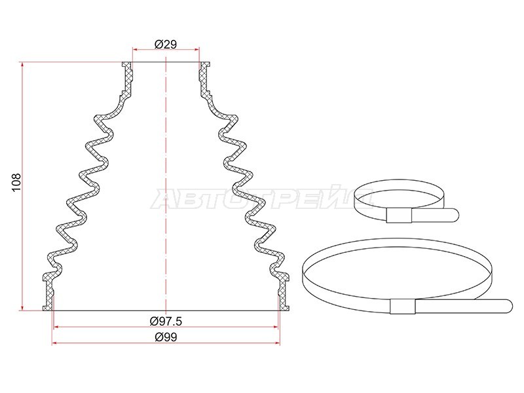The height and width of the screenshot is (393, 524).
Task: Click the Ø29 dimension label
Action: point(166,44)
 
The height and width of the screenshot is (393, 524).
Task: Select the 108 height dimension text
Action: point(16,182)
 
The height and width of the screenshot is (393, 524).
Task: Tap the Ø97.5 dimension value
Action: point(166,321)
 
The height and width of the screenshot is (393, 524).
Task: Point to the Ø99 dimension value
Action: point(166,337)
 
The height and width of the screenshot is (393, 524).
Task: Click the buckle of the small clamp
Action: point(399,215)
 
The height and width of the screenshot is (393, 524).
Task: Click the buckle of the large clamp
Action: point(403,307)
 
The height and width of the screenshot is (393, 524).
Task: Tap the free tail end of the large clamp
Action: point(509,305)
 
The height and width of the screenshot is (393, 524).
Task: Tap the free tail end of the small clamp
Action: point(455,215)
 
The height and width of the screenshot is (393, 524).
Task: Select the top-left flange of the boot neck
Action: point(126,65)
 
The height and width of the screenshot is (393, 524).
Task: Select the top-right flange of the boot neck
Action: point(205,65)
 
